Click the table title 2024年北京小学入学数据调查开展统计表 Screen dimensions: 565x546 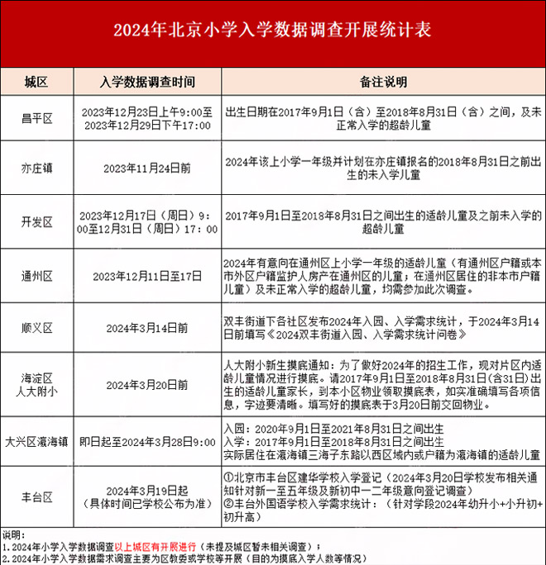(x=272, y=32)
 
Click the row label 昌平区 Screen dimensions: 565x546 (x=36, y=119)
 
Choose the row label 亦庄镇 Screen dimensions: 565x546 (x=36, y=168)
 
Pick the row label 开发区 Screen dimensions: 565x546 (x=36, y=221)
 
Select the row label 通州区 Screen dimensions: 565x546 (x=36, y=275)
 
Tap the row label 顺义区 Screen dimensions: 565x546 (x=36, y=327)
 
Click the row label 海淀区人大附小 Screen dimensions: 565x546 (x=36, y=384)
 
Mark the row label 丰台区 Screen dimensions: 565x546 (x=36, y=496)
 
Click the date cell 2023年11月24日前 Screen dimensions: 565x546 (x=147, y=168)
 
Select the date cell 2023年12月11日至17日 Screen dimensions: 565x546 (x=147, y=275)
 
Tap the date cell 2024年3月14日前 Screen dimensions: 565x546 (x=147, y=327)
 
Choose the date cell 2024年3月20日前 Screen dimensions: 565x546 (x=147, y=384)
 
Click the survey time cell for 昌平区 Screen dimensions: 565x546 (x=147, y=119)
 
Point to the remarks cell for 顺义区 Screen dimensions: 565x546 (x=383, y=327)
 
